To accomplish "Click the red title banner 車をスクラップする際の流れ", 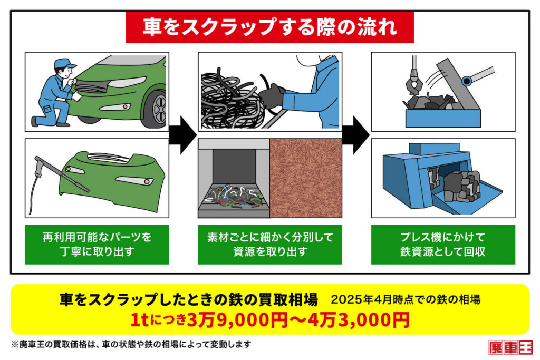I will pyautogui.click(x=269, y=27).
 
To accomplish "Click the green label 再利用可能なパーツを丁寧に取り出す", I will pyautogui.click(x=97, y=245).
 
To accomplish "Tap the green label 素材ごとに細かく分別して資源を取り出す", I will pyautogui.click(x=269, y=245).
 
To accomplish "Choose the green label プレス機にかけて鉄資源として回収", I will pyautogui.click(x=443, y=245).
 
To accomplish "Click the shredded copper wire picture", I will pyautogui.click(x=305, y=178).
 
